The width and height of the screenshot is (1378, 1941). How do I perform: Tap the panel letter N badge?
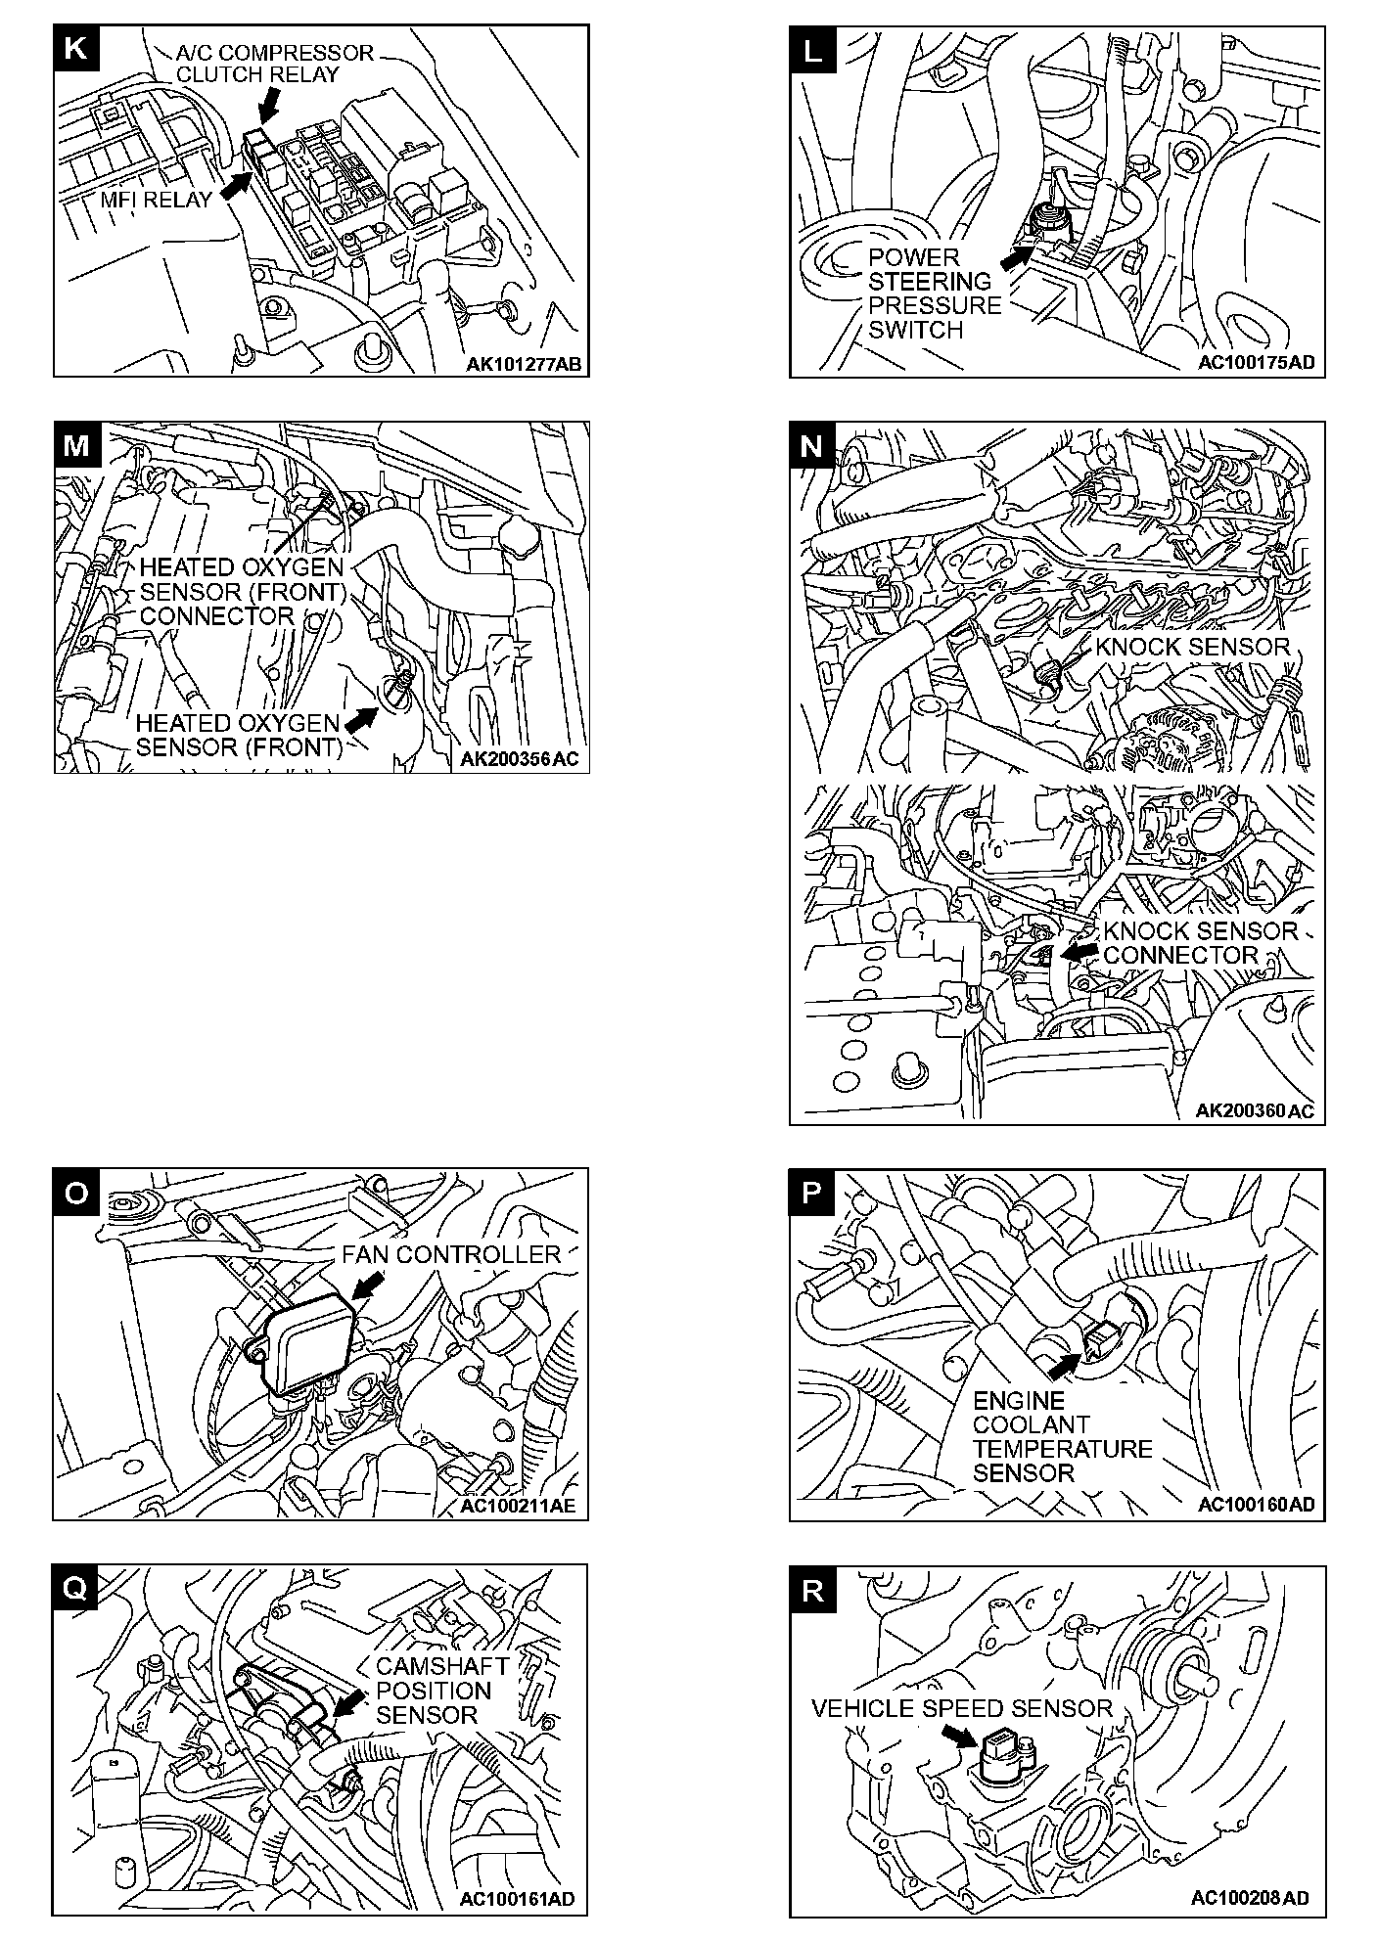tap(811, 445)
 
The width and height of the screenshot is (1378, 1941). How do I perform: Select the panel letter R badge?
tap(811, 1590)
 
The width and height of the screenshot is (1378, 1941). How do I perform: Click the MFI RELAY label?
tap(156, 200)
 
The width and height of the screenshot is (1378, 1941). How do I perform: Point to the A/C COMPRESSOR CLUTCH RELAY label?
tap(274, 64)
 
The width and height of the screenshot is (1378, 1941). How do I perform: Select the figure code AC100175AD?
tap(1257, 363)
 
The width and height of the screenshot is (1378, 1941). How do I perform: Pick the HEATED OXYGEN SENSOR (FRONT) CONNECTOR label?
tap(242, 591)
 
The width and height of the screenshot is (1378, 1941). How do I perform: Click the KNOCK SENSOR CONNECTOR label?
tap(1200, 942)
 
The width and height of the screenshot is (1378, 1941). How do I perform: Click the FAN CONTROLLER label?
tap(451, 1254)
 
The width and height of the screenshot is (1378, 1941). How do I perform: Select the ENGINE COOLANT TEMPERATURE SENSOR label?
tap(1062, 1436)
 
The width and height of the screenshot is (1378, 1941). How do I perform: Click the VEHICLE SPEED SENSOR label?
tap(962, 1708)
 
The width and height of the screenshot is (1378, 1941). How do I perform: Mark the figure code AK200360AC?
tap(1255, 1110)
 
